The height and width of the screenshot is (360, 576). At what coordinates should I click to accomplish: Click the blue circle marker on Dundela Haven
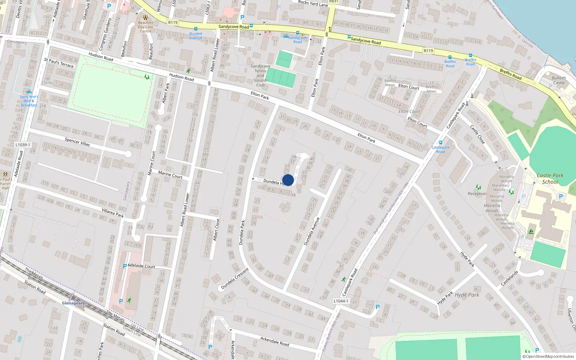(x=288, y=180)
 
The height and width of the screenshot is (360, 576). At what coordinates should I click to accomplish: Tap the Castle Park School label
(x=550, y=179)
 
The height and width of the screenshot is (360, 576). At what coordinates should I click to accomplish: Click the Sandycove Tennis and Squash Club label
(x=260, y=76)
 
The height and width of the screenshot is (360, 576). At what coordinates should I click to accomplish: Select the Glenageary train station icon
(x=73, y=297)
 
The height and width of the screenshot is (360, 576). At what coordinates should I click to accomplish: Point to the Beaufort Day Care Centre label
(x=145, y=27)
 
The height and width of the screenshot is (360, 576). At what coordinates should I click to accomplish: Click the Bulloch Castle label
(x=559, y=80)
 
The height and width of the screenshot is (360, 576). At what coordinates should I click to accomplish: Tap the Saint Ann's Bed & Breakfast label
(x=29, y=101)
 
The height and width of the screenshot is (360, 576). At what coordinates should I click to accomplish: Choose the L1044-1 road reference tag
(x=341, y=301)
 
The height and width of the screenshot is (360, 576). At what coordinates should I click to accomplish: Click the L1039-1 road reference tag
(x=23, y=145)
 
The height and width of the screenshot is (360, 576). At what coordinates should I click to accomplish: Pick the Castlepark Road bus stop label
(x=440, y=149)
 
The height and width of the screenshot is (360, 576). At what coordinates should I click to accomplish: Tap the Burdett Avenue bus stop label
(x=196, y=36)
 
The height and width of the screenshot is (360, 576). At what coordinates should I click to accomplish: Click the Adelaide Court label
(x=141, y=266)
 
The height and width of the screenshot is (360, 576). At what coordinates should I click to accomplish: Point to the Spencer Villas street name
(x=77, y=142)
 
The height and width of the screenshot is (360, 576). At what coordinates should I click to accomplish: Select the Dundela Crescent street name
(x=235, y=278)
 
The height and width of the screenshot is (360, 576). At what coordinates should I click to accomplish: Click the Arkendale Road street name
(x=275, y=341)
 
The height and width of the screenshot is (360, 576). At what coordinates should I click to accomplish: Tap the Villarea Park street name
(x=113, y=213)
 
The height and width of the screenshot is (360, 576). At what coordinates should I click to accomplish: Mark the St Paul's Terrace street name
(x=59, y=63)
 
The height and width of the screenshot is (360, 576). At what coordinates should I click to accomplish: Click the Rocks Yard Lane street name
(x=313, y=4)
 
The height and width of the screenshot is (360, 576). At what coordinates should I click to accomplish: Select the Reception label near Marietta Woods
(x=477, y=194)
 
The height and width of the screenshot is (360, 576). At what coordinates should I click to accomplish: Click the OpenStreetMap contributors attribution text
(x=548, y=356)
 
